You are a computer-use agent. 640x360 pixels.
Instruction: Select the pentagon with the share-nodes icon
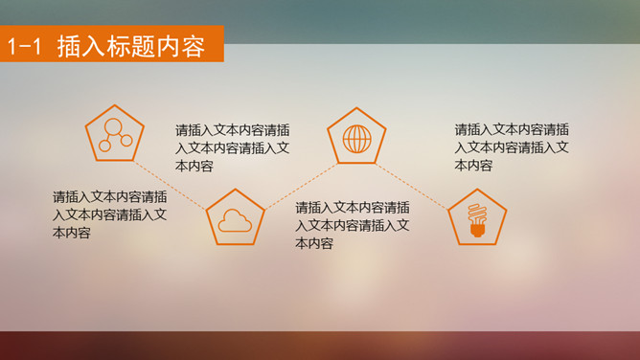(x=114, y=134)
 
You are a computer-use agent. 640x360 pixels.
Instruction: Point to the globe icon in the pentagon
(x=356, y=140)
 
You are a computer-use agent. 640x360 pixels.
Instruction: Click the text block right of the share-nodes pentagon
(x=233, y=147)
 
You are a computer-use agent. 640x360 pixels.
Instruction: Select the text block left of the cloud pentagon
(x=110, y=214)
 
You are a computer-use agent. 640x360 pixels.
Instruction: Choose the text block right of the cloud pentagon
(x=354, y=225)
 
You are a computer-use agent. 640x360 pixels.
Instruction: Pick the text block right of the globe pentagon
(x=513, y=147)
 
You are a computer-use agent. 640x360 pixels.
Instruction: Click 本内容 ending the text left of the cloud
(x=72, y=233)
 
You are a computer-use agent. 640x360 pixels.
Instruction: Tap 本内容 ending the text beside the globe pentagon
(x=473, y=166)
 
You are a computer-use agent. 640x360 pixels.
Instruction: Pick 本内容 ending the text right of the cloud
(x=314, y=244)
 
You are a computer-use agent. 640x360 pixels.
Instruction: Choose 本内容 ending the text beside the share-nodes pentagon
(x=194, y=167)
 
